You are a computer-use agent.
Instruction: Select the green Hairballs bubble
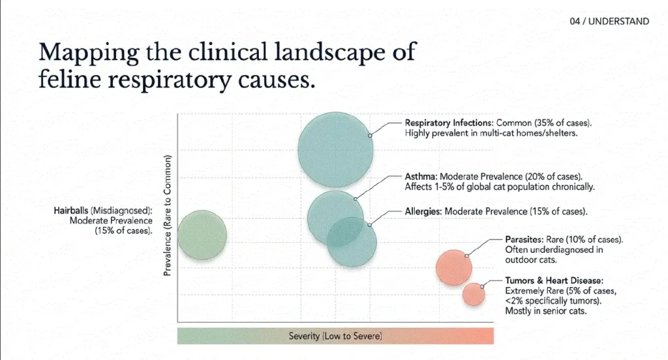click(202, 235)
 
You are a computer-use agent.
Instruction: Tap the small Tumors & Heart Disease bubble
click(474, 295)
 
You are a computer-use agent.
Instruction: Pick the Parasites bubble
click(453, 267)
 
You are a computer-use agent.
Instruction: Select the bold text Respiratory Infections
click(449, 123)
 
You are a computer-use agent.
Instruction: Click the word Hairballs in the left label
click(72, 211)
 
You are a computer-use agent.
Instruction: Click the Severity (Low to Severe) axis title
click(335, 336)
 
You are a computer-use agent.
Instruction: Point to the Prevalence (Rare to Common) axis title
click(168, 215)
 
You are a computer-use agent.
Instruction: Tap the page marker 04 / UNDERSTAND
click(609, 22)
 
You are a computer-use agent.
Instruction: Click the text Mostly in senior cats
click(546, 311)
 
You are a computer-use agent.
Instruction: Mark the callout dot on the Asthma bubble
click(356, 198)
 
